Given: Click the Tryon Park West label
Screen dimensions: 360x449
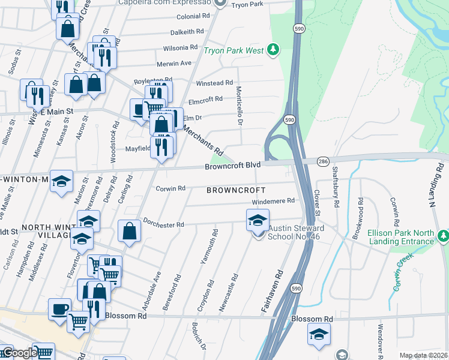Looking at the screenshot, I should click(x=234, y=50).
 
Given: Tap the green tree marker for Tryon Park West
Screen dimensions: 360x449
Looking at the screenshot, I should click(x=274, y=49).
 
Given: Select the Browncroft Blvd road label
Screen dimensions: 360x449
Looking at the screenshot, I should click(x=232, y=165).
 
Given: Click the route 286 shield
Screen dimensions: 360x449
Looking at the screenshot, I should click(x=323, y=161).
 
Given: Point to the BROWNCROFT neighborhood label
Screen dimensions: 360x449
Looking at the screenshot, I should click(x=236, y=190).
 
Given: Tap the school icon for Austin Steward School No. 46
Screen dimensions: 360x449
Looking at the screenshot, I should click(x=257, y=220).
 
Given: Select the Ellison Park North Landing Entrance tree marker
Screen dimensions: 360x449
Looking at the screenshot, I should click(x=443, y=235).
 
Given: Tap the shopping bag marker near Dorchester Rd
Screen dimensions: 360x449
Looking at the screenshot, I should click(x=130, y=231).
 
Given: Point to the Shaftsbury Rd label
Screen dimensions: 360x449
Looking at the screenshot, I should click(x=337, y=188).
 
